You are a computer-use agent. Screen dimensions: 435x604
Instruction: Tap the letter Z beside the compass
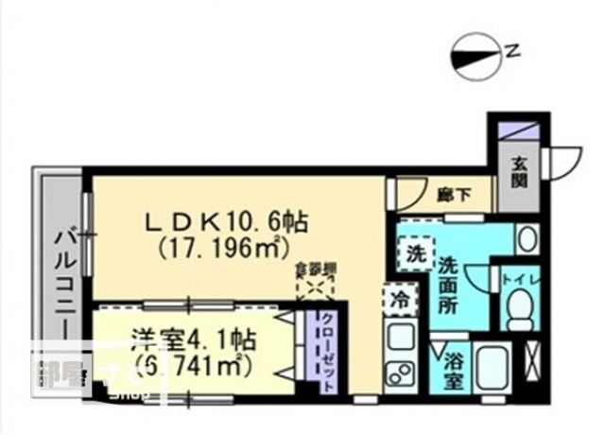pos(512,52)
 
